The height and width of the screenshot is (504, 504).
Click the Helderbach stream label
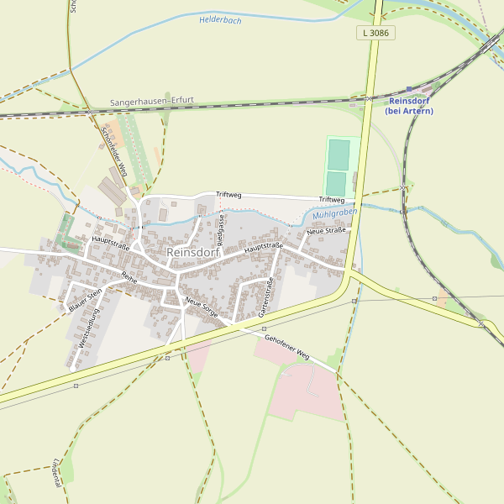click(220, 19)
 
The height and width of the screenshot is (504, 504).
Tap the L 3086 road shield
click(375, 33)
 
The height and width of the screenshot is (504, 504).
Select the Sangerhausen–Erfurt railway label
click(152, 101)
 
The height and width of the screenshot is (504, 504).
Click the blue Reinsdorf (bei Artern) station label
click(409, 106)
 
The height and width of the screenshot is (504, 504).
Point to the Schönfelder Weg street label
click(113, 152)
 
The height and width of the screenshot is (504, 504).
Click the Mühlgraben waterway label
click(330, 215)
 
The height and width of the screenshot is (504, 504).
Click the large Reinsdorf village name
click(193, 252)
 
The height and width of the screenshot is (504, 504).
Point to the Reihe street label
click(129, 276)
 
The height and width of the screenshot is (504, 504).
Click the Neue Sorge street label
click(202, 308)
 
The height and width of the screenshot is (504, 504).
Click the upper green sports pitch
click(339, 155)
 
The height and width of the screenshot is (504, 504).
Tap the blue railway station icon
click(409, 88)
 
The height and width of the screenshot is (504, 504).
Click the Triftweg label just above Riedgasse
click(228, 195)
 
